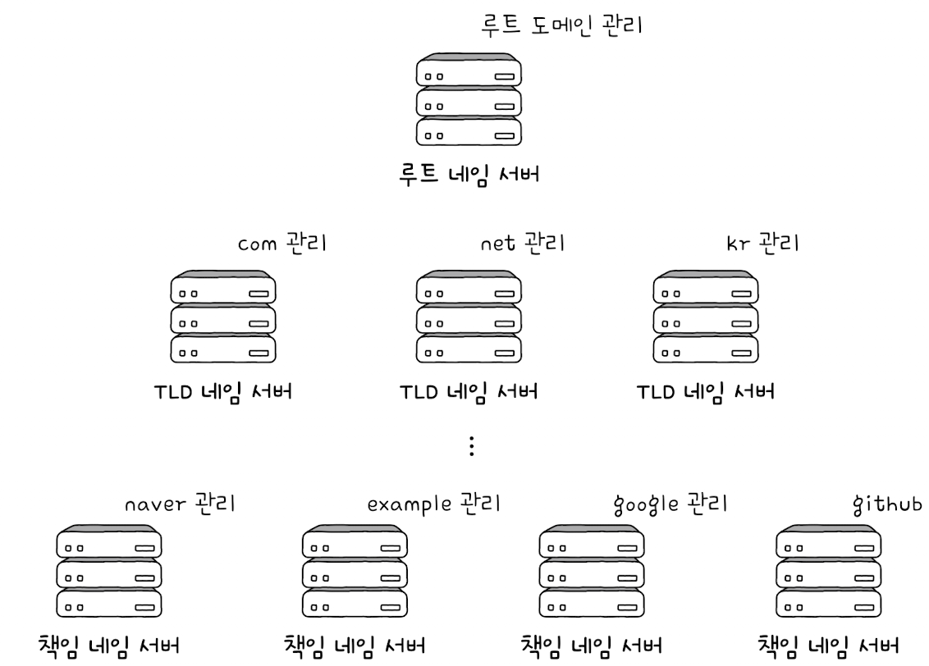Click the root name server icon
[x=469, y=100]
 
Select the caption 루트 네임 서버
[x=469, y=175]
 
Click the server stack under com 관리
[x=222, y=316]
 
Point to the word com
[x=258, y=244]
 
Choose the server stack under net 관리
[x=469, y=316]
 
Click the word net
[x=496, y=244]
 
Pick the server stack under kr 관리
[x=705, y=316]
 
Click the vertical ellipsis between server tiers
[x=470, y=445]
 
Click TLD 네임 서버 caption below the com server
[x=222, y=391]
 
